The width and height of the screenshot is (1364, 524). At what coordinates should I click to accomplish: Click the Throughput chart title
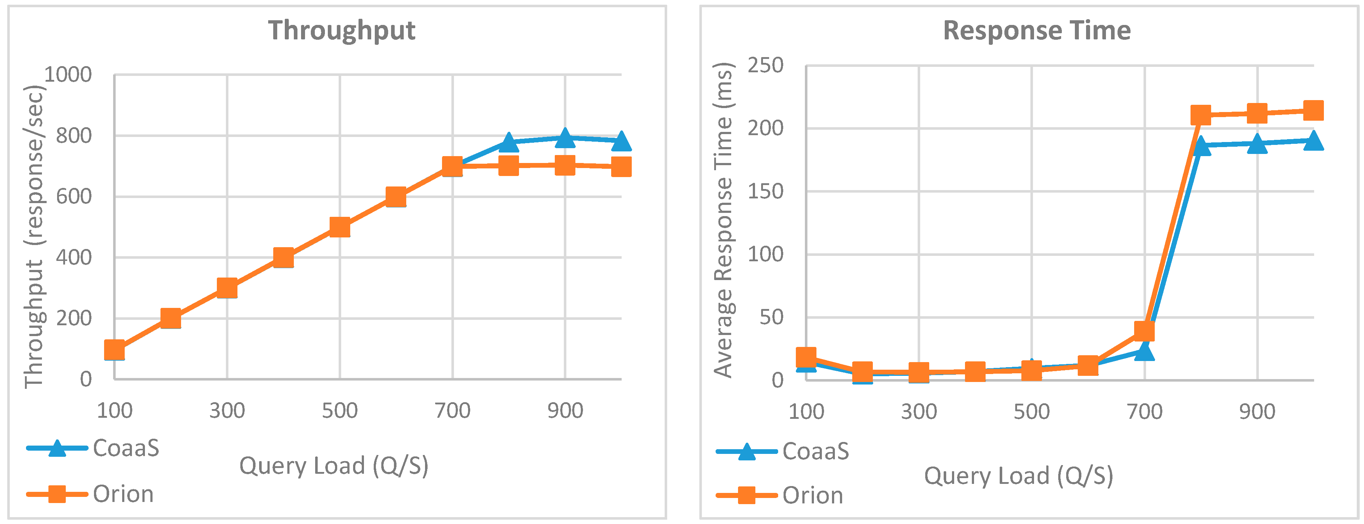(342, 30)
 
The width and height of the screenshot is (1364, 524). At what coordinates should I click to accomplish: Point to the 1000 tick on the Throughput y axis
(68, 75)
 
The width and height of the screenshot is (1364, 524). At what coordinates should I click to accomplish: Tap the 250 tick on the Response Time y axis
(765, 66)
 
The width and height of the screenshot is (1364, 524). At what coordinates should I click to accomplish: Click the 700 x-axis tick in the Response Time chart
(1144, 412)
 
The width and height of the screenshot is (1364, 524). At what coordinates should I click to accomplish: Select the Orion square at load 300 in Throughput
(227, 288)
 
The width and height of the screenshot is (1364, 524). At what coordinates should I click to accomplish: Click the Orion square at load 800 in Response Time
(1201, 115)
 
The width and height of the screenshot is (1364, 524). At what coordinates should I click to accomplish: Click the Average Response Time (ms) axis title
(723, 220)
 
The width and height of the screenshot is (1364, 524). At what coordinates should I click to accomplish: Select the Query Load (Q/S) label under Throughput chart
(334, 466)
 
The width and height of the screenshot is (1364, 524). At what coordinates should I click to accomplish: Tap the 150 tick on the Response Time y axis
(765, 191)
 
